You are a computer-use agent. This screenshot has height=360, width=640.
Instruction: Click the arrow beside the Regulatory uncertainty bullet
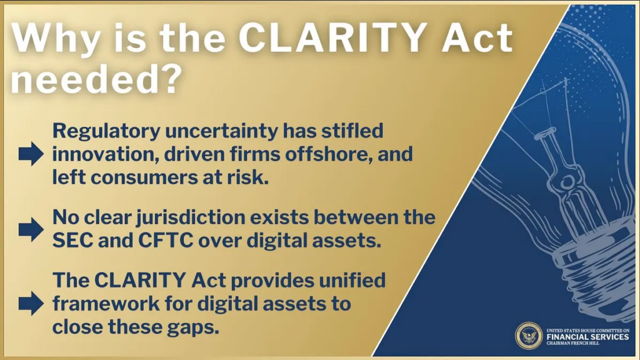click(x=31, y=154)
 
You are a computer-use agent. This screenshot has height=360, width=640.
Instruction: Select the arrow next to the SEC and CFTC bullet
click(x=31, y=229)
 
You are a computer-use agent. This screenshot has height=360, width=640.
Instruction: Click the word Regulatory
click(x=106, y=132)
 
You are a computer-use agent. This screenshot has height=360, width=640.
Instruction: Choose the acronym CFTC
click(x=165, y=241)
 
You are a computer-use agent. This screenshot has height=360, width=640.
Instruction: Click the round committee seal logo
click(x=529, y=336)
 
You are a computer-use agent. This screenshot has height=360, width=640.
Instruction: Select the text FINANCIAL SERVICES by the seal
click(x=587, y=337)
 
